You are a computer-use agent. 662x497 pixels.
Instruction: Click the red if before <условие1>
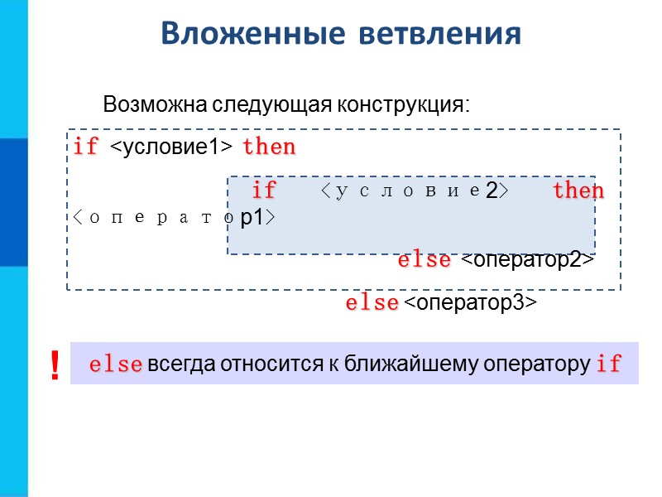(86, 147)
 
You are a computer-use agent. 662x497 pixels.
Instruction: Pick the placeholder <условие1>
(170, 147)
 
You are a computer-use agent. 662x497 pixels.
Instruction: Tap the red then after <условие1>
(269, 147)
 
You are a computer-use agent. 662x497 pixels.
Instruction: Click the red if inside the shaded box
(263, 191)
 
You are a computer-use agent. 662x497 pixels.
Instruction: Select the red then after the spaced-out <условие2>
(578, 191)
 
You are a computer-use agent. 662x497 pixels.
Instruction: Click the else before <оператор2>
(425, 260)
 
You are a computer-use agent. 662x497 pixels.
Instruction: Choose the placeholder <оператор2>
(527, 260)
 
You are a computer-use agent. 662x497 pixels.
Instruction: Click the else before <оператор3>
(372, 304)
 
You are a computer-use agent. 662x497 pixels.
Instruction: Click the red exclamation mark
(55, 365)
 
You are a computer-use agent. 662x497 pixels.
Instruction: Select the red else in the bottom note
(115, 365)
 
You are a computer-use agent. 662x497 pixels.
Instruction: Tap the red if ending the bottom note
(608, 365)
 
